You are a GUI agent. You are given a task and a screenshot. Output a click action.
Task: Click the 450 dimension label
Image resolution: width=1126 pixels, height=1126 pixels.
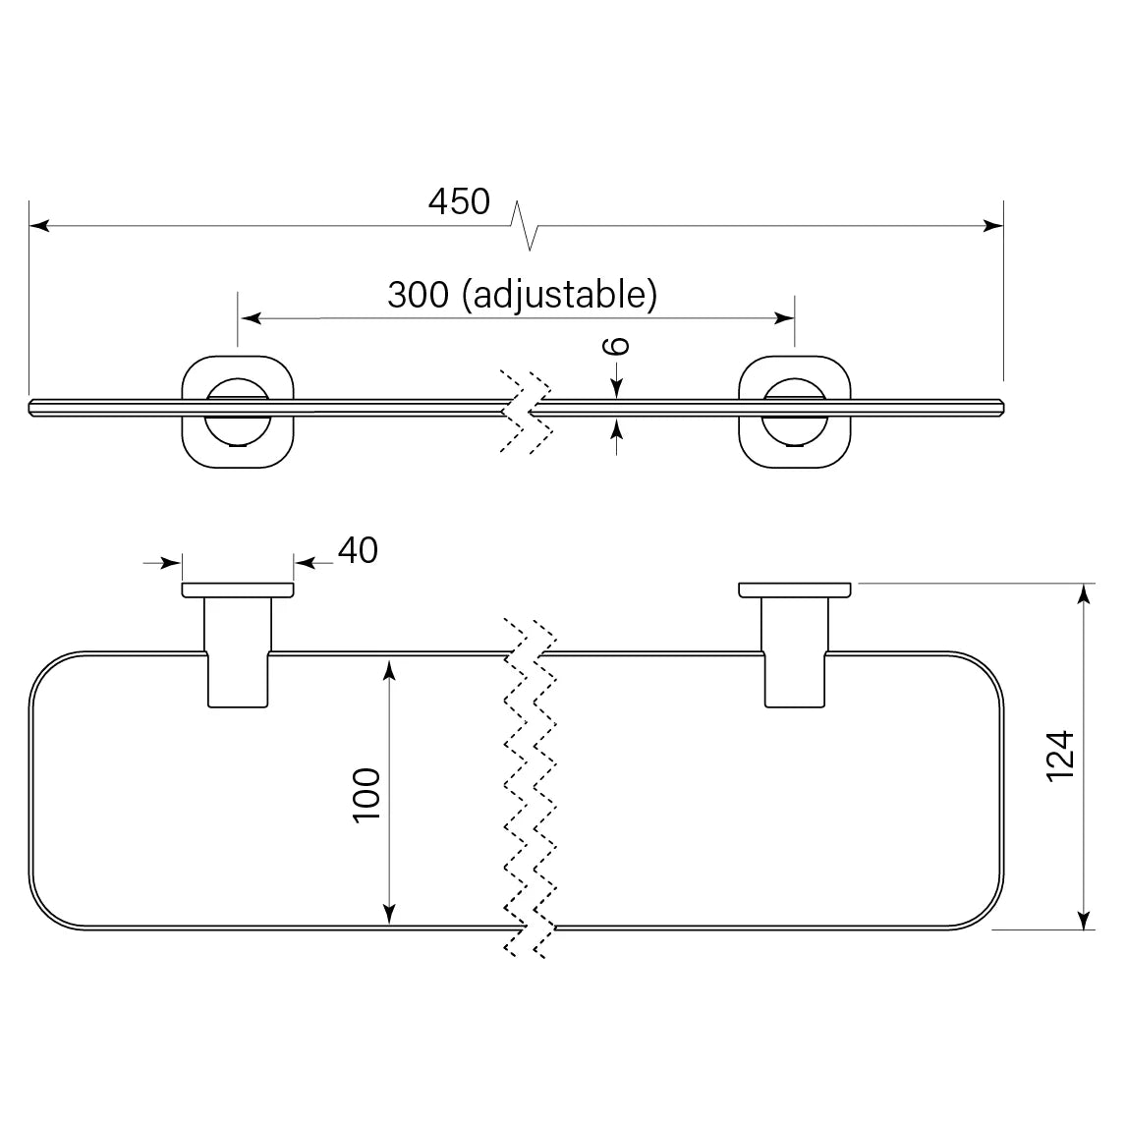coord(459,201)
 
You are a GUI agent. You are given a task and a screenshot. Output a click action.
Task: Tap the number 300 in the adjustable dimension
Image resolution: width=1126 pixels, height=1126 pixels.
coord(418,295)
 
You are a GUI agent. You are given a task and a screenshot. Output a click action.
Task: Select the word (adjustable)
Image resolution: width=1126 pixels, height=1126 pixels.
coord(559,295)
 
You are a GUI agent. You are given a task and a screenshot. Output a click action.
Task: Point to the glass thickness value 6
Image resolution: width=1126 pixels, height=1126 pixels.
coord(615,346)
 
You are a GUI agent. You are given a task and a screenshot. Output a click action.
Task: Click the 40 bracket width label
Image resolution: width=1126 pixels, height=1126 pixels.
coord(358,551)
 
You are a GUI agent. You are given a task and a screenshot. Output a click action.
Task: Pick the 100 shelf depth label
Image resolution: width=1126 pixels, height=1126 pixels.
coord(366,795)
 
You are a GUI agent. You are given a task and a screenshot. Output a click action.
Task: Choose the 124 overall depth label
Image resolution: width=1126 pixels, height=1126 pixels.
coord(1060,757)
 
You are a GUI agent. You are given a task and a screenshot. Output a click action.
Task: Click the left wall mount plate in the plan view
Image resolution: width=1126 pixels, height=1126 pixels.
coord(238,591)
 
